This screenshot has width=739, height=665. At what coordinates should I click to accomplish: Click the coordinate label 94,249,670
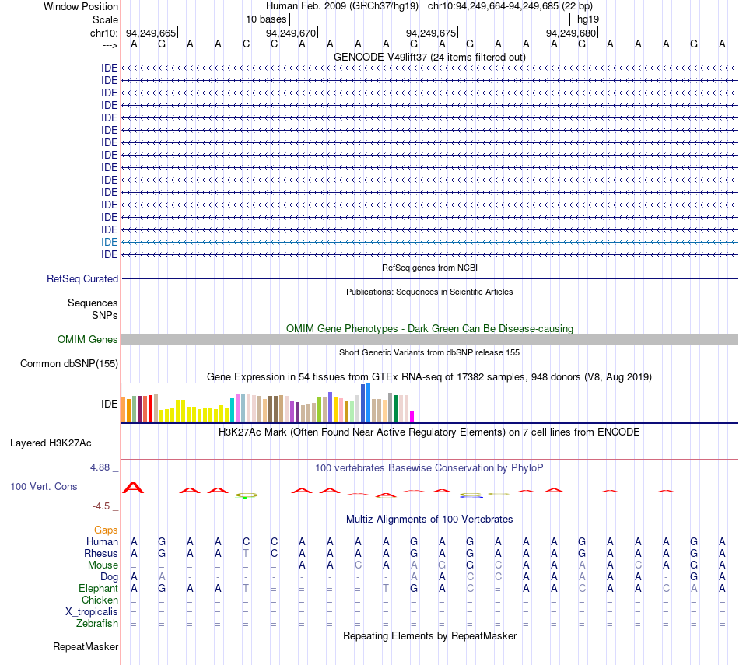291,33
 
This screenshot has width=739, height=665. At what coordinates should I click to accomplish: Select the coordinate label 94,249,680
571,33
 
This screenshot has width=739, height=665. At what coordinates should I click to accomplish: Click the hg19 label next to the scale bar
588,19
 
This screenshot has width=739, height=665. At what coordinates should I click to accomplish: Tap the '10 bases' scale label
266,19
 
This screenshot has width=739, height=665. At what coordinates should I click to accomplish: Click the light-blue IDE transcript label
110,242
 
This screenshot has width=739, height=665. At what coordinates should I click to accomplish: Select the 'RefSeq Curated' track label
82,279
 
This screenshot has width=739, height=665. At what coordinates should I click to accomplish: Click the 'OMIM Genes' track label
88,339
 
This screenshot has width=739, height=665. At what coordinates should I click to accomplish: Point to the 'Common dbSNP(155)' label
69,364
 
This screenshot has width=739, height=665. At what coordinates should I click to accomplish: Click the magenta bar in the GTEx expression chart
412,416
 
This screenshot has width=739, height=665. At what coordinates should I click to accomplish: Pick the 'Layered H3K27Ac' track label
51,443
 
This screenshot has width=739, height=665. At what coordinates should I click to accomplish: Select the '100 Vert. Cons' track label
44,486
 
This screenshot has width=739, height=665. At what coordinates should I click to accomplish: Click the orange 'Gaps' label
106,530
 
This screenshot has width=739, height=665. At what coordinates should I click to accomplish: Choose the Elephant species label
99,589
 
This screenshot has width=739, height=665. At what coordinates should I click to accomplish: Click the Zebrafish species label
97,624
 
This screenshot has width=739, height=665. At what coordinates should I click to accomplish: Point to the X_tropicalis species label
92,612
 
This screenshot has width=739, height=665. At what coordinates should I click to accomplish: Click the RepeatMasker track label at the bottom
86,646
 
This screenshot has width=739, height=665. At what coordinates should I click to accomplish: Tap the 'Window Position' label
81,6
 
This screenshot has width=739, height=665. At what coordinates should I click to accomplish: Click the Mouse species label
103,565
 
